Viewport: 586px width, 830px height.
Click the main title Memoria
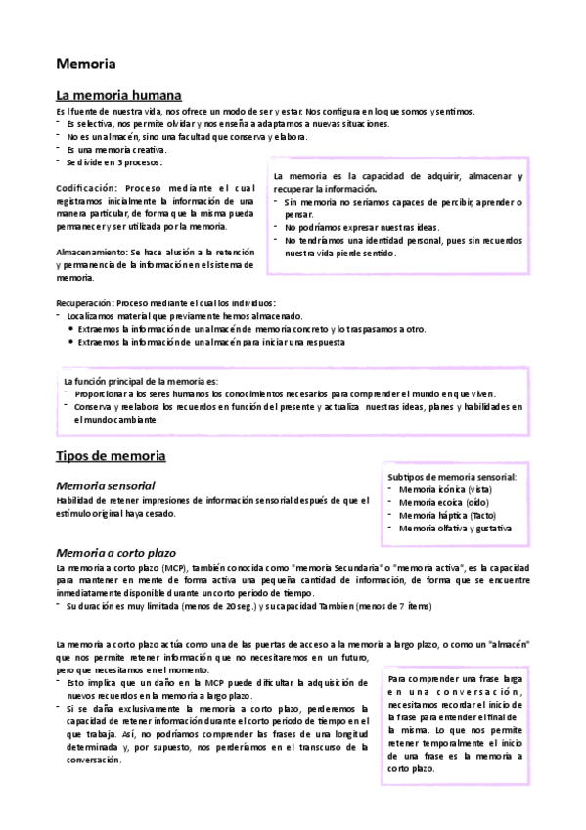86,65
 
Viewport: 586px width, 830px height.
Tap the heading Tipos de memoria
111,456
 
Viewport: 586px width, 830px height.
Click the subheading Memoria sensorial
106,485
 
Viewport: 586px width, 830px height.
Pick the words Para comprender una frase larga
454,678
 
